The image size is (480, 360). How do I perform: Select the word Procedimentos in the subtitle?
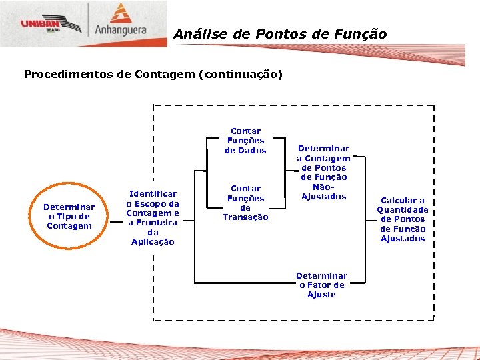(x=67, y=74)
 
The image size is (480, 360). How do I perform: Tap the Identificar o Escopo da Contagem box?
(x=153, y=217)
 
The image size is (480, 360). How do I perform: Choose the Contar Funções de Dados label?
(x=245, y=141)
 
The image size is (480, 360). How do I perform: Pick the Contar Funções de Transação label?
(x=245, y=203)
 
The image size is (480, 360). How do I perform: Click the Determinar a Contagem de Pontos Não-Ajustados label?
(x=323, y=173)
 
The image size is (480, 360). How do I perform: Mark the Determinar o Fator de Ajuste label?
(x=321, y=285)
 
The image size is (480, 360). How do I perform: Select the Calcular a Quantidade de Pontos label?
(x=403, y=219)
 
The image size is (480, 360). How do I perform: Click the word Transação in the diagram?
(x=245, y=217)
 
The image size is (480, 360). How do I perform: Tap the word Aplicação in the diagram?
(x=153, y=242)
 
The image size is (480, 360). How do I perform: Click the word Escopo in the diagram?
(x=153, y=203)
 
